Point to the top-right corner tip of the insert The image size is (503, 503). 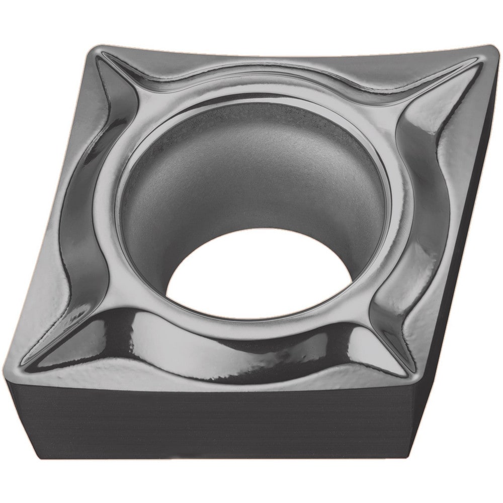(490, 48)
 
